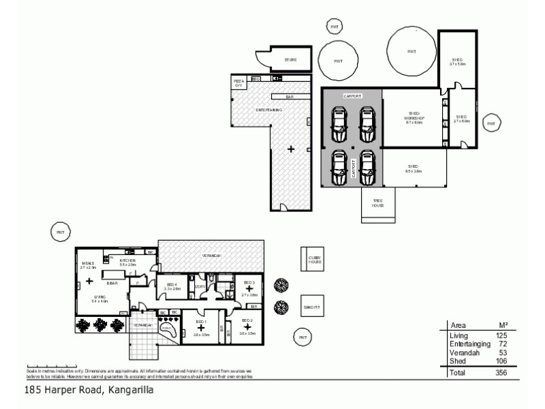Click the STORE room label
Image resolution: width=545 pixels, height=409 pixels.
[x=290, y=60]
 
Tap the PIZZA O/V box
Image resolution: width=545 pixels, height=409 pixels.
[x=238, y=82]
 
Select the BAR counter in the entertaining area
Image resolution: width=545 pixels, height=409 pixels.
[x=290, y=97]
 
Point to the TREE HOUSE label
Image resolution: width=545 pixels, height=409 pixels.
[x=377, y=203]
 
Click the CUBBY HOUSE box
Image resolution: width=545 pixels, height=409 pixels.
[x=313, y=260]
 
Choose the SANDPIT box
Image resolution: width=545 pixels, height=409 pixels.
[x=312, y=307]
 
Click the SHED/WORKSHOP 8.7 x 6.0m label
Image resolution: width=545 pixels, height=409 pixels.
[x=416, y=119]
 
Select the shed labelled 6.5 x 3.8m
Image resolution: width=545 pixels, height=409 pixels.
[x=413, y=168]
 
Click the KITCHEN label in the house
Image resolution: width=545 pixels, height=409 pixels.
[x=128, y=260]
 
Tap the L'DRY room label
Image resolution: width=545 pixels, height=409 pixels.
[x=200, y=286]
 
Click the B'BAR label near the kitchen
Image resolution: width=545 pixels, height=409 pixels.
[x=112, y=283]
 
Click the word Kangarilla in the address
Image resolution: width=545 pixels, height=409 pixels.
[x=130, y=391]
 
